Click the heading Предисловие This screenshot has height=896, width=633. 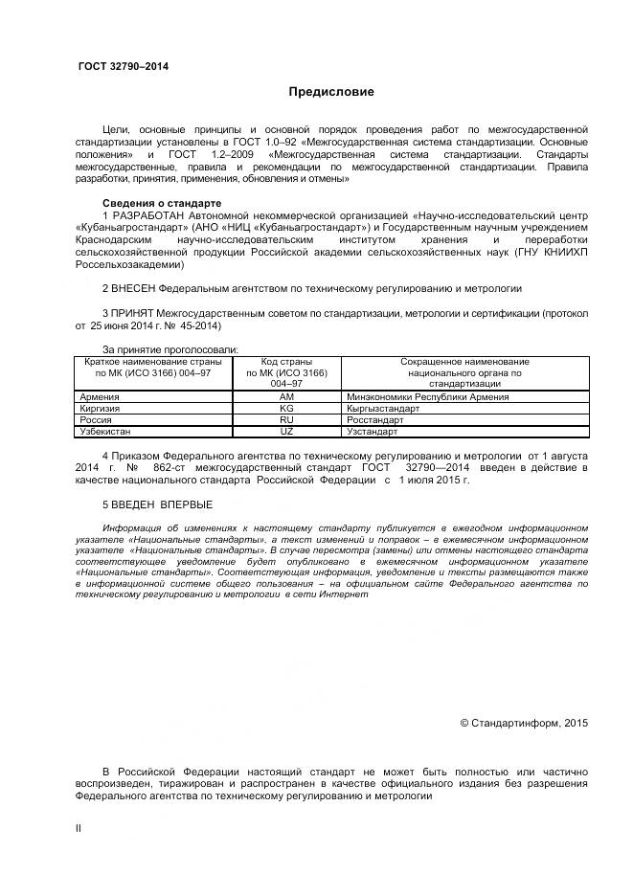[x=331, y=93]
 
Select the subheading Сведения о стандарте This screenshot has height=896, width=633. [x=161, y=203]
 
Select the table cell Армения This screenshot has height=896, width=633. [x=100, y=396]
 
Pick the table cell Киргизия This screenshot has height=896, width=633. [x=101, y=408]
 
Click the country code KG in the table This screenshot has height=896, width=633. [x=286, y=408]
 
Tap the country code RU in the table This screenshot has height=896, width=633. [x=286, y=419]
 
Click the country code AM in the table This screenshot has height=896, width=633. [x=286, y=396]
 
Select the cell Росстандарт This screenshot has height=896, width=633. [x=374, y=419]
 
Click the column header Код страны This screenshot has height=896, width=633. [x=286, y=362]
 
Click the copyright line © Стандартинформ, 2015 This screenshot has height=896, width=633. [x=524, y=723]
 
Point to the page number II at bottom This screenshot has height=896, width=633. [x=79, y=828]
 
